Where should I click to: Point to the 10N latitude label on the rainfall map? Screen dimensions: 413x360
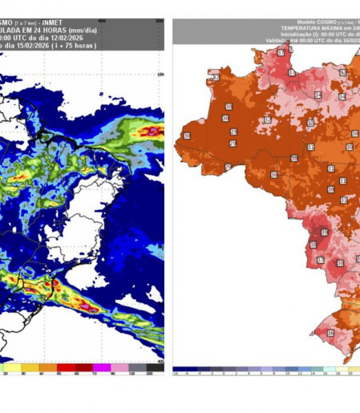click(160, 75)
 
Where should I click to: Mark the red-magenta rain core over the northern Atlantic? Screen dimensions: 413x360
click(149, 131)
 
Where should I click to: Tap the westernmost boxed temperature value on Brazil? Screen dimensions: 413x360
click(187, 136)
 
